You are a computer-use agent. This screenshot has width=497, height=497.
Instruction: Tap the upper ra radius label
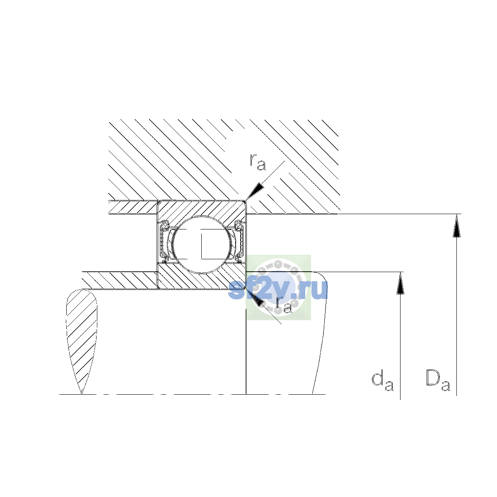[258, 162]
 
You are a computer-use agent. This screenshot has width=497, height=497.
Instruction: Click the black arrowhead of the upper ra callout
[256, 191]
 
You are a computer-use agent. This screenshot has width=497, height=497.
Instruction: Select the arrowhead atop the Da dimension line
[457, 226]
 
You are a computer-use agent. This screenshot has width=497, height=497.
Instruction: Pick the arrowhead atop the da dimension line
[400, 283]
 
